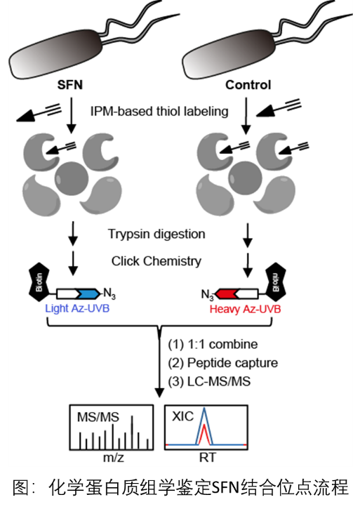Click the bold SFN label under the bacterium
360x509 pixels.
pyautogui.click(x=69, y=85)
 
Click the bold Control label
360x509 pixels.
pyautogui.click(x=248, y=85)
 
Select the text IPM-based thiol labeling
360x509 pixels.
pyautogui.click(x=159, y=112)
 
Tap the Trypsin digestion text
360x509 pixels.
pyautogui.click(x=156, y=234)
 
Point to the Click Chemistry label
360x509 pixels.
pyautogui.click(x=156, y=261)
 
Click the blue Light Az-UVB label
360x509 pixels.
pyautogui.click(x=77, y=308)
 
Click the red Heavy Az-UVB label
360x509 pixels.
pyautogui.click(x=245, y=309)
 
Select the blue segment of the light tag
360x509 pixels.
pyautogui.click(x=88, y=293)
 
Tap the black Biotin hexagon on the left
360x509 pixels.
pyautogui.click(x=39, y=282)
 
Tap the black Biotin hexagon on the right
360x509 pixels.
pyautogui.click(x=276, y=282)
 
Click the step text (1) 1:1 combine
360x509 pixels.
pyautogui.click(x=213, y=344)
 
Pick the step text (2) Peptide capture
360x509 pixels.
pyautogui.click(x=222, y=363)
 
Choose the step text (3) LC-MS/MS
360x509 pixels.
pyautogui.click(x=209, y=381)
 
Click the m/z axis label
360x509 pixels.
pyautogui.click(x=113, y=457)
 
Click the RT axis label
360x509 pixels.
pyautogui.click(x=208, y=457)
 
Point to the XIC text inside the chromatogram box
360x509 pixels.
pyautogui.click(x=182, y=416)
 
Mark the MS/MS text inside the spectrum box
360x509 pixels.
pyautogui.click(x=98, y=417)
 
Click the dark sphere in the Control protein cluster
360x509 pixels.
pyautogui.click(x=246, y=178)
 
